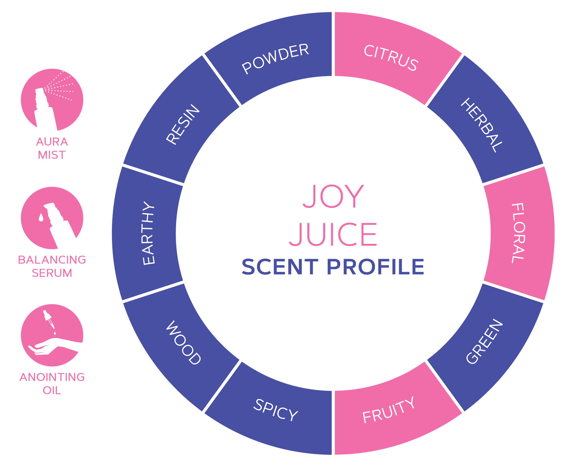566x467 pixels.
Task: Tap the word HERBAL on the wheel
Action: click(482, 125)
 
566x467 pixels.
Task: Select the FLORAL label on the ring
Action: click(518, 233)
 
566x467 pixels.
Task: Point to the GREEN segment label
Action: click(484, 341)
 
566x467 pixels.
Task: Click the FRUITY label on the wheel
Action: click(389, 410)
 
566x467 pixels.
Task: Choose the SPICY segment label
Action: click(275, 410)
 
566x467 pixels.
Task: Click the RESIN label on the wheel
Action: click(183, 124)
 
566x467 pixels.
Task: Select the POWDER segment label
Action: click(275, 59)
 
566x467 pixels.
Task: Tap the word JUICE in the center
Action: click(333, 234)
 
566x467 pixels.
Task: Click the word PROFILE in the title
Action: click(376, 267)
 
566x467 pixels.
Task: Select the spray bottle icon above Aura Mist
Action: click(52, 100)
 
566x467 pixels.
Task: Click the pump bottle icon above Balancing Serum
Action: click(52, 218)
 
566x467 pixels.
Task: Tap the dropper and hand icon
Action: click(52, 335)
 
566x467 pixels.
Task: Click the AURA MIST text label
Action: click(52, 148)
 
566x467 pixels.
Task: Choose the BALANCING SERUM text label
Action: click(52, 266)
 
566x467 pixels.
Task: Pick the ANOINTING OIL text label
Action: click(52, 384)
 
